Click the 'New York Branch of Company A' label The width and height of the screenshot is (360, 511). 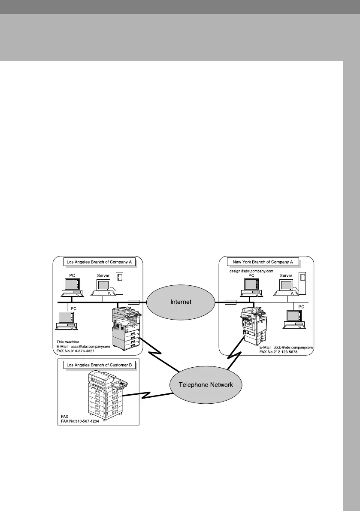[263, 262]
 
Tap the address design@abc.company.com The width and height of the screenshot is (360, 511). [250, 271]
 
